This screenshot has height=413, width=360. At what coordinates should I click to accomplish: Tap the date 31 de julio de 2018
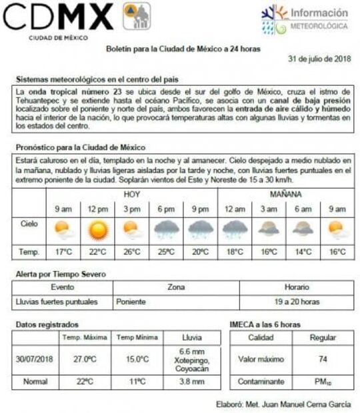[319, 59]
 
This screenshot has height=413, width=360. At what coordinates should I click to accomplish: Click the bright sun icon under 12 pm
[98, 230]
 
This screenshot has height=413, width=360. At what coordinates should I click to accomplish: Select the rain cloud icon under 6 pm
[166, 230]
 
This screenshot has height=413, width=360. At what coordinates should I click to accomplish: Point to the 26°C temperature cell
[132, 252]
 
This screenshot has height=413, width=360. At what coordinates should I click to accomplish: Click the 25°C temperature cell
[166, 252]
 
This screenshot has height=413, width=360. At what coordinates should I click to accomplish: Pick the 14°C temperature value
[303, 252]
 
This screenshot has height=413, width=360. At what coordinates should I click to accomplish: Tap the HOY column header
[132, 195]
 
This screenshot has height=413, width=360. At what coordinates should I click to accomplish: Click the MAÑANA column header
[286, 195]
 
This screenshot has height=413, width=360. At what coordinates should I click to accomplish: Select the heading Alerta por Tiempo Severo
[61, 274]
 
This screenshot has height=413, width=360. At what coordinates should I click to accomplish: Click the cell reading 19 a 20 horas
[297, 302]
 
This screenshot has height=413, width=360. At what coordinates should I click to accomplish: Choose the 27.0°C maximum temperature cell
[85, 359]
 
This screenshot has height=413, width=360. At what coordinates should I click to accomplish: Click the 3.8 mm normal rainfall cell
[194, 382]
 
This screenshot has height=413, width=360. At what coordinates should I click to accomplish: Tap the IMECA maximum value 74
[323, 359]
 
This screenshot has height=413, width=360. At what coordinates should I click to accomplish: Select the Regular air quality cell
[323, 338]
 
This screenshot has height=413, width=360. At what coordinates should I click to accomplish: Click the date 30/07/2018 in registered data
[35, 359]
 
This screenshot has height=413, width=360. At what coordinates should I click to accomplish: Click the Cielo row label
[29, 224]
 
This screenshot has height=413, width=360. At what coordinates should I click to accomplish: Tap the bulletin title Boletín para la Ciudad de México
[183, 49]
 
